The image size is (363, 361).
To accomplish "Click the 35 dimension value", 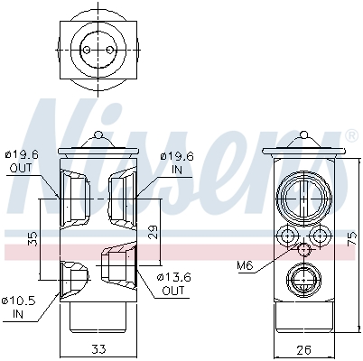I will pyautogui.click(x=33, y=238).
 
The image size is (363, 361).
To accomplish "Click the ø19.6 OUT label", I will pyautogui.click(x=21, y=162).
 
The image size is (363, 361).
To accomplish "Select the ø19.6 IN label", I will pyautogui.click(x=175, y=162).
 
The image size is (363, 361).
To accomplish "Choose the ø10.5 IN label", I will pyautogui.click(x=20, y=306).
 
